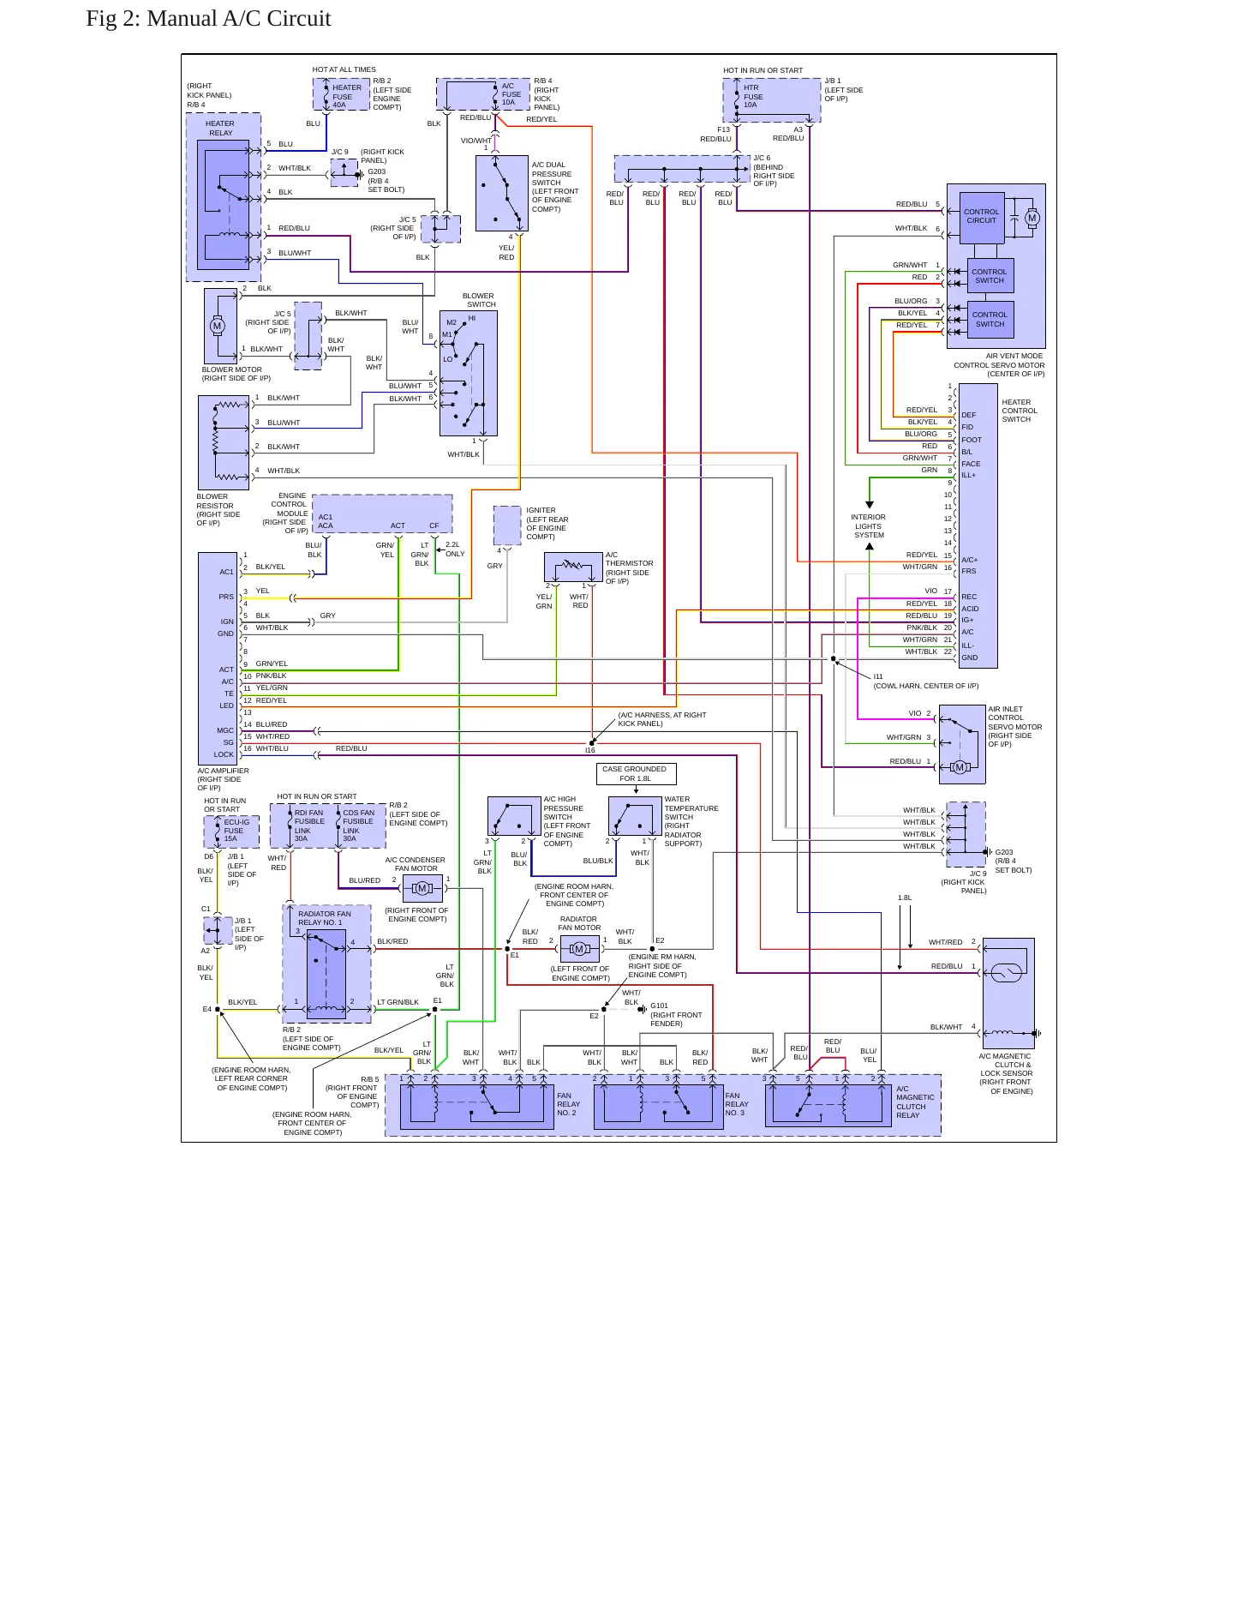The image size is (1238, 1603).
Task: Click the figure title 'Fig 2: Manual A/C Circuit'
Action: click(208, 19)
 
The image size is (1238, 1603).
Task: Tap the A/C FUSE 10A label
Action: click(511, 94)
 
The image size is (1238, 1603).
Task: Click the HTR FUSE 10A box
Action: click(772, 99)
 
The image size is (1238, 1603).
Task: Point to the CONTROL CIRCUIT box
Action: click(981, 216)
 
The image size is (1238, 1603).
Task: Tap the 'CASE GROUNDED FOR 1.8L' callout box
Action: click(636, 774)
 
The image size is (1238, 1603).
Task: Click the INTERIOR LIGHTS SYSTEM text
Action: click(869, 526)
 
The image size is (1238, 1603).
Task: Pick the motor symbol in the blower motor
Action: click(217, 326)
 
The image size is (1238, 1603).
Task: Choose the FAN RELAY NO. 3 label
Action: click(737, 1104)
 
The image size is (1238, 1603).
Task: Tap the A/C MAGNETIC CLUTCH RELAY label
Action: click(916, 1102)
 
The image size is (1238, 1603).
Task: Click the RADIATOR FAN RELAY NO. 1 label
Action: click(325, 918)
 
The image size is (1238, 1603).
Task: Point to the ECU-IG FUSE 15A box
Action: click(225, 832)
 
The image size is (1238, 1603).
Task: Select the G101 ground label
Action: click(659, 1006)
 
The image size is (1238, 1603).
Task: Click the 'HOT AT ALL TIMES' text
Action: click(344, 70)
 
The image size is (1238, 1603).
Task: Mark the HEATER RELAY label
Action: click(220, 129)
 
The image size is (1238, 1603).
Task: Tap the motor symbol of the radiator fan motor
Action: click(579, 949)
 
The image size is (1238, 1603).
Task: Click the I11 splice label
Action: click(878, 676)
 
